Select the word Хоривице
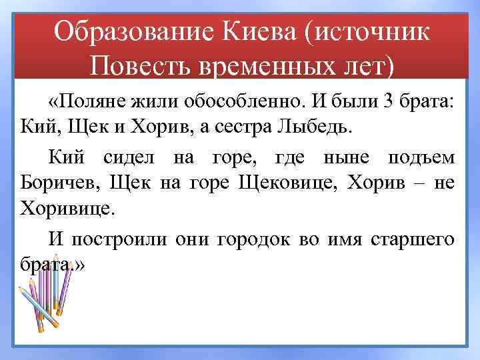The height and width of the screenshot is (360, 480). [x=69, y=207]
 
